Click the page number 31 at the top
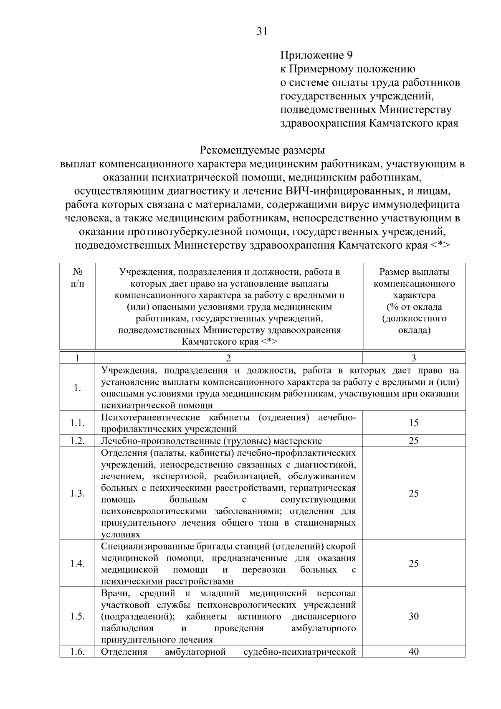pos(262,32)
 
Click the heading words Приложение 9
pos(316,55)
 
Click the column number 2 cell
pos(228,358)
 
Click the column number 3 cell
pos(413,358)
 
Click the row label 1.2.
pos(77,441)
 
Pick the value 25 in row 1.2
pos(413,441)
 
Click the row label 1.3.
pos(77,493)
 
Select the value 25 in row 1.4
pos(413,564)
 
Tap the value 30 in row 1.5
pos(413,617)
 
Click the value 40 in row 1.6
pos(413,652)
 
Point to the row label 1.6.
pos(77,652)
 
